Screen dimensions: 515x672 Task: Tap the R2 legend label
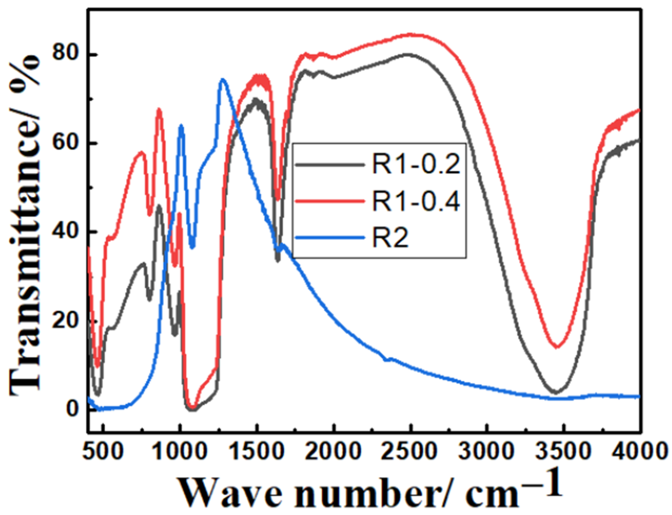click(390, 238)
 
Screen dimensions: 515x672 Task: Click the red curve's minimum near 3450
click(557, 347)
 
